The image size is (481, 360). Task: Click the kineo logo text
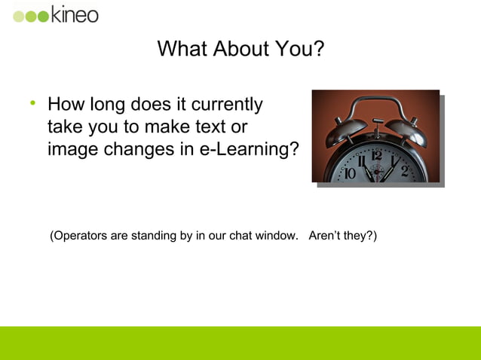(75, 14)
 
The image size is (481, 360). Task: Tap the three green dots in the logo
(31, 16)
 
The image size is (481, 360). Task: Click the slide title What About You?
(240, 50)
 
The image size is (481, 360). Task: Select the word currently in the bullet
(224, 104)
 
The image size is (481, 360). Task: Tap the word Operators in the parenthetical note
(79, 236)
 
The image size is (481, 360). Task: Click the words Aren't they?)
(343, 236)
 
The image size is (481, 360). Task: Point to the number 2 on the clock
(405, 170)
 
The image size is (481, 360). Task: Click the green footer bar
(240, 343)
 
